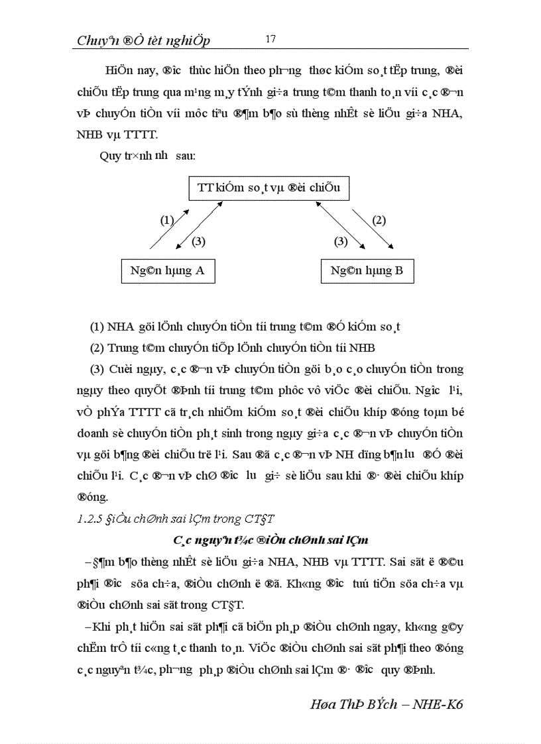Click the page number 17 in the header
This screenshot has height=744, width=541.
click(x=270, y=38)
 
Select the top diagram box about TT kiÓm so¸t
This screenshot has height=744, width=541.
click(x=269, y=187)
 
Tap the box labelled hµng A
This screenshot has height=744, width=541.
click(x=168, y=270)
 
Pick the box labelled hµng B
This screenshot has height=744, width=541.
click(x=367, y=270)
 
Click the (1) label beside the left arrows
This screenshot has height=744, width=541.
click(x=167, y=221)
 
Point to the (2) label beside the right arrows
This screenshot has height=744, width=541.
click(x=379, y=221)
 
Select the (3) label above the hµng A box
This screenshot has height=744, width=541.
click(x=198, y=242)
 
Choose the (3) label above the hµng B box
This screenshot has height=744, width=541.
click(x=341, y=242)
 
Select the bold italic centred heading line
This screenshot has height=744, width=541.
click(x=270, y=541)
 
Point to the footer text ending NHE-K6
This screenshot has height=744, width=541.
click(x=387, y=704)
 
